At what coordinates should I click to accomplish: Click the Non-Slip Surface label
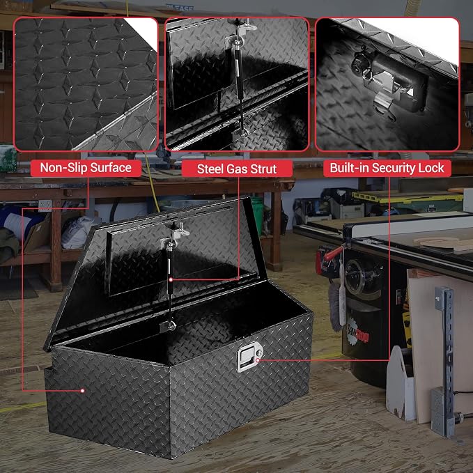coord(86,168)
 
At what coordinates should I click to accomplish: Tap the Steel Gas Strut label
coord(237,169)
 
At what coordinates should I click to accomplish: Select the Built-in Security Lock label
coord(387,168)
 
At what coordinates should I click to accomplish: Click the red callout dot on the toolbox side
coord(82,391)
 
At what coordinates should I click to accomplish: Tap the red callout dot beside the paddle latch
coord(258,360)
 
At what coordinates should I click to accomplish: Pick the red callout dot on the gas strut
coord(171,279)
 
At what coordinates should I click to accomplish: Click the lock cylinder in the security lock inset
coord(359,62)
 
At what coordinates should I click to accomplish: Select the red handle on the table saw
coord(333,254)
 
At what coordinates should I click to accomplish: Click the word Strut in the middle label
coord(263,169)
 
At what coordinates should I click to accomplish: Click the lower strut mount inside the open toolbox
coord(171,326)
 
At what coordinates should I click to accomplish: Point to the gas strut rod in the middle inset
coord(239,88)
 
